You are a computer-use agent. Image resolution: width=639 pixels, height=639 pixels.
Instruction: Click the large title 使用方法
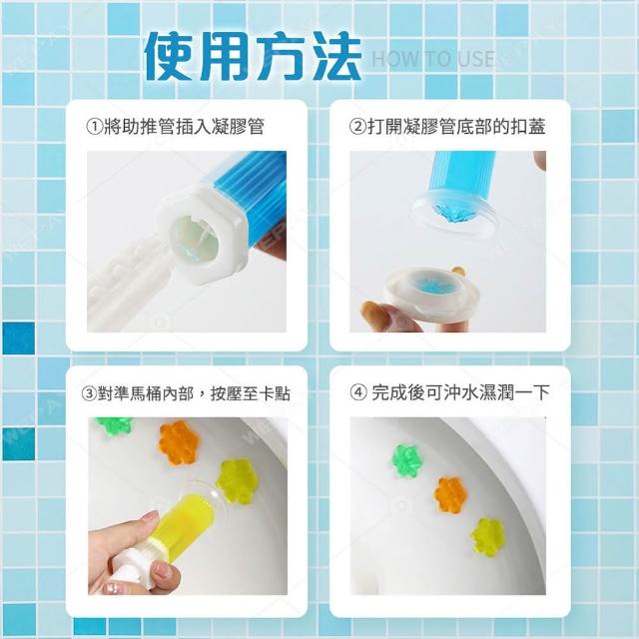click(x=253, y=56)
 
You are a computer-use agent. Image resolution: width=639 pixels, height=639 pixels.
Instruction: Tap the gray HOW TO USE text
click(x=433, y=59)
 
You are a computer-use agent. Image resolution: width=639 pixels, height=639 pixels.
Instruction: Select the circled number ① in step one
click(x=95, y=127)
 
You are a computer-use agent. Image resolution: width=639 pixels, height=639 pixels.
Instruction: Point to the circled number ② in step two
click(x=357, y=127)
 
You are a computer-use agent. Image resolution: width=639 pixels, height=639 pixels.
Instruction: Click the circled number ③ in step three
click(x=89, y=394)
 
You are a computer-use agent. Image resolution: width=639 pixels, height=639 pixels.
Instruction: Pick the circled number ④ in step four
click(x=358, y=392)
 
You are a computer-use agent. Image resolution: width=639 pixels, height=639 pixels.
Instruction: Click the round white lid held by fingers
click(x=431, y=293)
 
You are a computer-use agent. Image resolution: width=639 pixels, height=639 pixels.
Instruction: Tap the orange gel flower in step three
click(x=179, y=443)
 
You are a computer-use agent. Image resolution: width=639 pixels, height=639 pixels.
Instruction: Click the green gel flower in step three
click(x=114, y=425)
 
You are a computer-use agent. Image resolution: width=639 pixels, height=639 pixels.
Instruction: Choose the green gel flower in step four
click(x=407, y=461)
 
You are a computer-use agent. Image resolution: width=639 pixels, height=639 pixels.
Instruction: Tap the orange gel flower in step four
click(x=450, y=495)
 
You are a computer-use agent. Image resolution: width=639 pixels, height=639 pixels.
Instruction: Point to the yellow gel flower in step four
click(x=488, y=536)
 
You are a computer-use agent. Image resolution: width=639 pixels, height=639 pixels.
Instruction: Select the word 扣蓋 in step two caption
click(x=528, y=127)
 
